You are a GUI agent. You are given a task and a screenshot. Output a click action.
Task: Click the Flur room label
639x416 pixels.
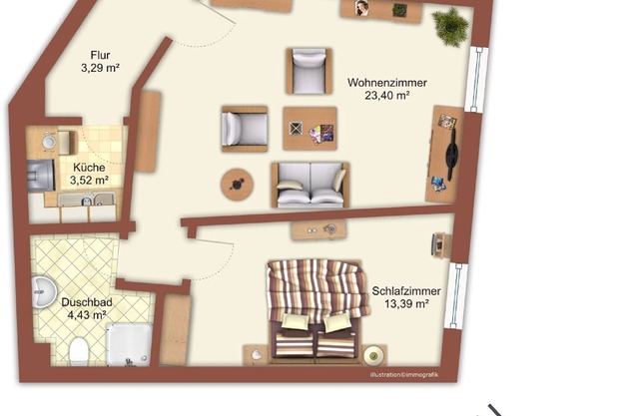[100, 55]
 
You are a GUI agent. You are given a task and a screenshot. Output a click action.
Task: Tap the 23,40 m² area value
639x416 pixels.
[386, 96]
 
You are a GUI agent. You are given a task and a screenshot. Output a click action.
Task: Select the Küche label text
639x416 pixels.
[89, 168]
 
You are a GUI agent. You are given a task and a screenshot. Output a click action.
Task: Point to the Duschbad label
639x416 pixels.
[87, 302]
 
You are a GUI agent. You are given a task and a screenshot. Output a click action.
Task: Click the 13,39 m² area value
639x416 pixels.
[406, 304]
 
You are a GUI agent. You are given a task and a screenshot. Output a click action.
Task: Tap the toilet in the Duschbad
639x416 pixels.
[79, 351]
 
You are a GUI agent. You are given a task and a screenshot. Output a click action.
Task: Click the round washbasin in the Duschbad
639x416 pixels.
[44, 292]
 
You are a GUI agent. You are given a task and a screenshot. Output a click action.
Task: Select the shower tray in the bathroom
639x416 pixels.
[129, 344]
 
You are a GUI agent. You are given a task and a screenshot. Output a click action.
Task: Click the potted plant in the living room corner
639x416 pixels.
[450, 27]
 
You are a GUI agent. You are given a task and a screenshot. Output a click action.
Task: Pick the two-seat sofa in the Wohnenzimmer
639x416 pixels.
[311, 185]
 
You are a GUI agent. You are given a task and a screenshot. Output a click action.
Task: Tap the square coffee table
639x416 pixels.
[311, 129]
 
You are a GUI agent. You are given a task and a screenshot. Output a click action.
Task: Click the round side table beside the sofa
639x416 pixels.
[237, 185]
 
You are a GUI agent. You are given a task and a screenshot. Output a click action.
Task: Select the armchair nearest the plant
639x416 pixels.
[309, 71]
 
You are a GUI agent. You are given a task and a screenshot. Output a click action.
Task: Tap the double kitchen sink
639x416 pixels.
[87, 200]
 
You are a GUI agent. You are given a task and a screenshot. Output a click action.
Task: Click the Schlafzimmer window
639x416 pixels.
[456, 294]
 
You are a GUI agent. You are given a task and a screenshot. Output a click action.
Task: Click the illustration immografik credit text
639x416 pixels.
[404, 375]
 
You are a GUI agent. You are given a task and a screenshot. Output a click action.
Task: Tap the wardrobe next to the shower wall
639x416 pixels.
[175, 329]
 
